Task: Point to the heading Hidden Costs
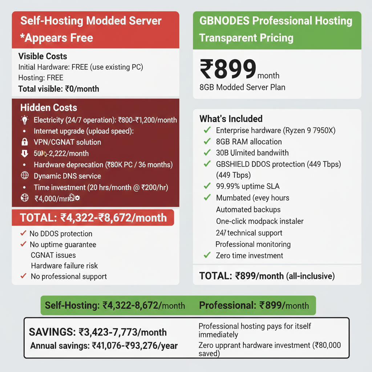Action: click(49, 108)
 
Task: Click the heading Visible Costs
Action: click(43, 56)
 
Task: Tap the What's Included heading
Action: click(231, 119)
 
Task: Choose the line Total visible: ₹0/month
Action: click(58, 89)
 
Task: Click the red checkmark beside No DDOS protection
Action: click(24, 233)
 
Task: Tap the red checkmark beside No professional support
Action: click(24, 276)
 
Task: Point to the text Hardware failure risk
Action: click(64, 266)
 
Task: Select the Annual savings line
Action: click(104, 345)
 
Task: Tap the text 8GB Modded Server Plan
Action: click(242, 87)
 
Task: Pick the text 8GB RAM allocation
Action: click(249, 142)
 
